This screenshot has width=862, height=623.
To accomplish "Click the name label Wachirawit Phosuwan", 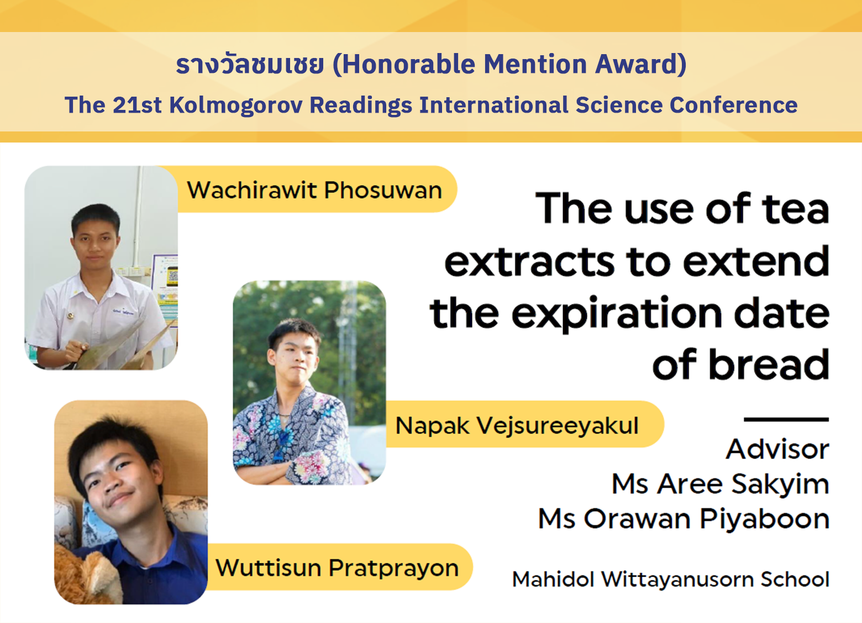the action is (314, 190).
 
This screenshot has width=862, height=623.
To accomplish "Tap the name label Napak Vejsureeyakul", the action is (517, 426).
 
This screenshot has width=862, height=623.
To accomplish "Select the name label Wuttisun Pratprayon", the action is (337, 568).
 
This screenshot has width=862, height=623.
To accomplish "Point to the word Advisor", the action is (777, 449).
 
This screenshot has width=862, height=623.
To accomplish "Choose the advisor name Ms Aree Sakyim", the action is (721, 484).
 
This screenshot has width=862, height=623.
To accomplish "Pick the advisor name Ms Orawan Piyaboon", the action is (684, 519).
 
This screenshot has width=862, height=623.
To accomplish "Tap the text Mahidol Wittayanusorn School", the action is (671, 579).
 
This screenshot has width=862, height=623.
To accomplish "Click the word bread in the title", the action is (769, 364).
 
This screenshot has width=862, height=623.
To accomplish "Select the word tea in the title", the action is (796, 209).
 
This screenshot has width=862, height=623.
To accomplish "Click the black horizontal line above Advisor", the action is (786, 419).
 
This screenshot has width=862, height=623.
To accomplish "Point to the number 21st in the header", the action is (137, 105).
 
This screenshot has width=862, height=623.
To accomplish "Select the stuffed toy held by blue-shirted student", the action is (87, 576).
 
